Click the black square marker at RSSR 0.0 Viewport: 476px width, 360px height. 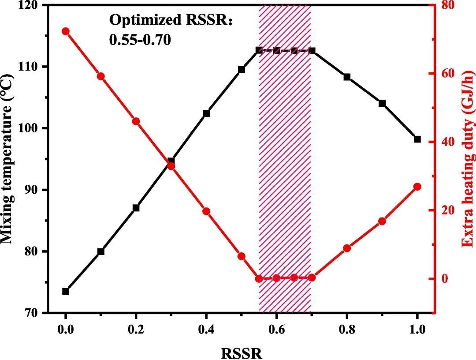tap(66, 291)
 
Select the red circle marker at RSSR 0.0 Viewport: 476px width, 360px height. tap(66, 31)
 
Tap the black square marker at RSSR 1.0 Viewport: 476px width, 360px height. tap(417, 139)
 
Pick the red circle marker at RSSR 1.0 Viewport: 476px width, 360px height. tap(417, 187)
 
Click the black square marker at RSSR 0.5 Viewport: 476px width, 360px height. tap(242, 70)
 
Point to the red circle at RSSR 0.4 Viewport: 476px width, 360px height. tap(206, 211)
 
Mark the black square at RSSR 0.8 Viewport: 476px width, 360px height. tap(347, 77)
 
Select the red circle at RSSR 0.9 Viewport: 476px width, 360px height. tap(382, 221)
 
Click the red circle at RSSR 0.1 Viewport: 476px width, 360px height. tap(101, 76)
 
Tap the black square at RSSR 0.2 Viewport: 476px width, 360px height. tap(136, 208)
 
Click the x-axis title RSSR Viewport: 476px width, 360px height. tap(242, 352)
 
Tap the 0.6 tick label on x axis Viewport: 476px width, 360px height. tap(276, 329)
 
